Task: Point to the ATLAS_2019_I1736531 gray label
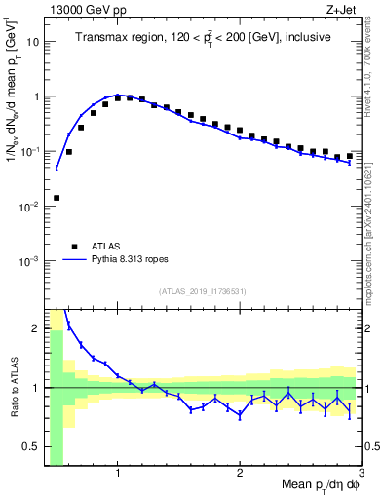203,291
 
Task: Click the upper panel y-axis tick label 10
32,42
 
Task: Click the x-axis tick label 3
361,475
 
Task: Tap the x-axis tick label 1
118,475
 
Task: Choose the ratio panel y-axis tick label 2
35,328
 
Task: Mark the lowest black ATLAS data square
57,198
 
